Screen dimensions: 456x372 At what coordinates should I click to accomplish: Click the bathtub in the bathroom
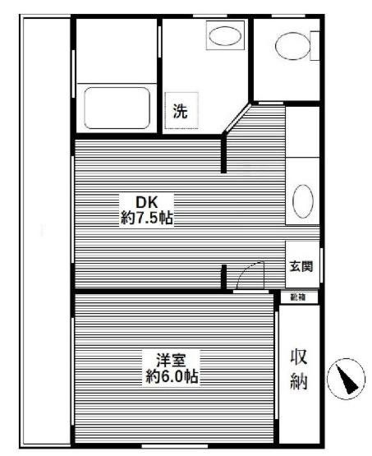pos(117,107)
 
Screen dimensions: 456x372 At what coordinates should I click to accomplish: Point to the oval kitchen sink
pos(302,200)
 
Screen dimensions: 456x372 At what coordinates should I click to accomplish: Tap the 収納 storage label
pos(300,369)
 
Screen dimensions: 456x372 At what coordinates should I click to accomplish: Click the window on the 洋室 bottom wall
pos(173,444)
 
